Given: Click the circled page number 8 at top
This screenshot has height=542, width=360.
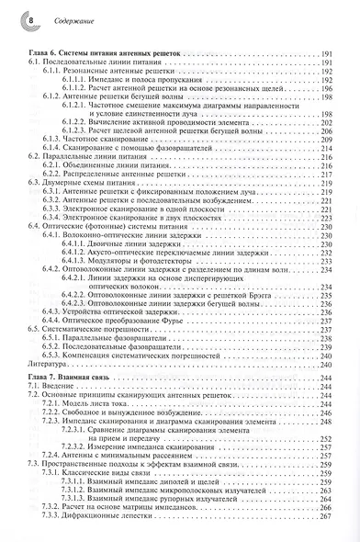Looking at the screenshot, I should click(x=12, y=18).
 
